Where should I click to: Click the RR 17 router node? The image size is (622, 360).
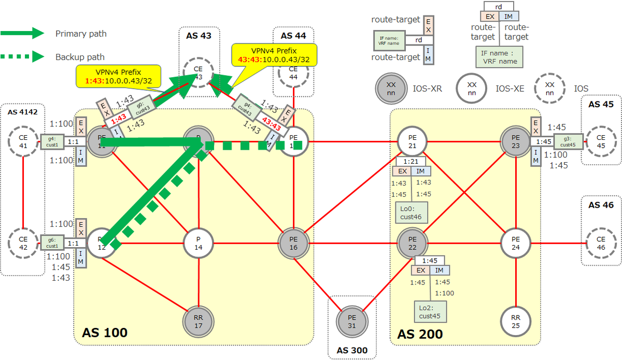[x=199, y=322]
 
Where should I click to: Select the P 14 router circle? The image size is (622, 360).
[x=199, y=243]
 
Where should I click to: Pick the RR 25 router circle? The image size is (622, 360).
[x=515, y=322]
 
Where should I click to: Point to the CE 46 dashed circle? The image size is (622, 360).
[x=601, y=243]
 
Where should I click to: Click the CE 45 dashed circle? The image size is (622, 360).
[x=601, y=141]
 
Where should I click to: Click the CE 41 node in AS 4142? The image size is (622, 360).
[x=23, y=141]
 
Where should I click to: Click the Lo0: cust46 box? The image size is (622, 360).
[x=412, y=212]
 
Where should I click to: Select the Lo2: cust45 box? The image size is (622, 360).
[x=430, y=311]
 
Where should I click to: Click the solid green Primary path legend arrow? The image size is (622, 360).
[x=23, y=33]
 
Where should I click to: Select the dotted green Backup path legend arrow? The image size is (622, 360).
[x=23, y=56]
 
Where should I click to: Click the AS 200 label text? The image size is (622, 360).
[x=420, y=334]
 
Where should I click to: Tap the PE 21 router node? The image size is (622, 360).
[x=412, y=140]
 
